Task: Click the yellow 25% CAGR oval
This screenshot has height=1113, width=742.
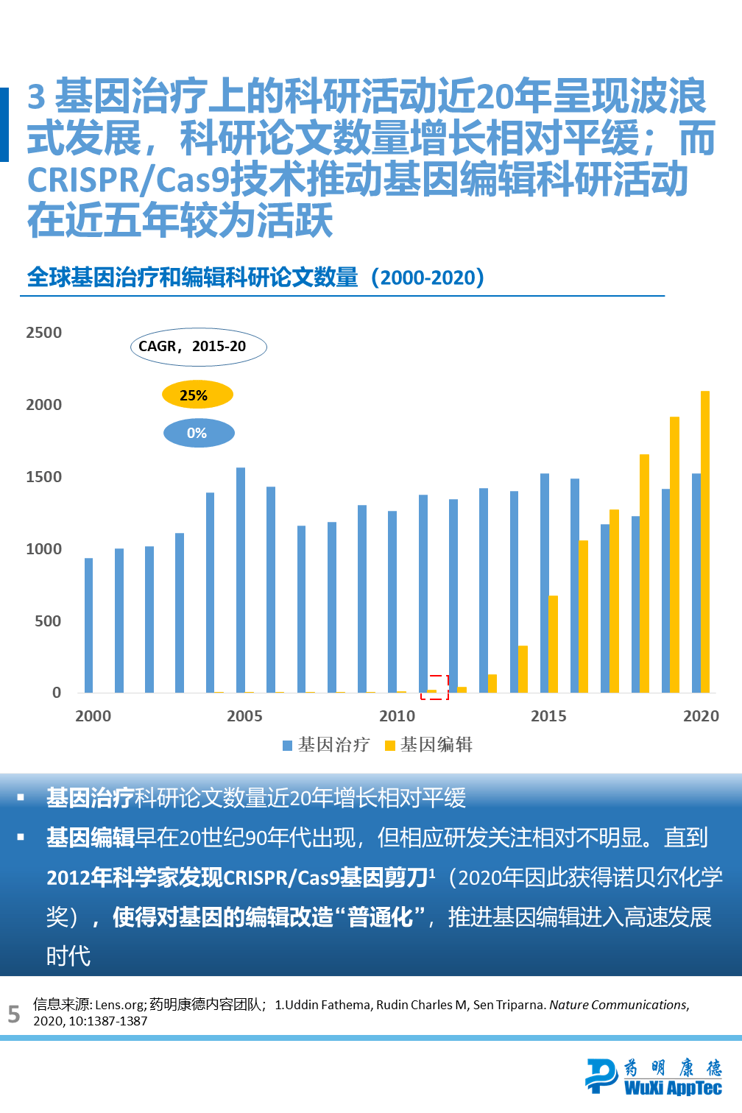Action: click(x=197, y=395)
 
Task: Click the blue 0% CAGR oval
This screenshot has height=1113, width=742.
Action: click(x=199, y=433)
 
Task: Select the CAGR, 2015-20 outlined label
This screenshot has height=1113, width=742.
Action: click(x=198, y=347)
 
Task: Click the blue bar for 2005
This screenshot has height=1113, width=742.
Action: click(x=241, y=579)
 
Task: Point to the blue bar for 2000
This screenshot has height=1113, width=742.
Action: click(x=89, y=625)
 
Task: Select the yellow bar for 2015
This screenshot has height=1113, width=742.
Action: click(x=553, y=644)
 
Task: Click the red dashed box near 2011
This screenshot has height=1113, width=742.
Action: click(x=434, y=687)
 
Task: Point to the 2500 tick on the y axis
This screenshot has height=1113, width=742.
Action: click(x=44, y=333)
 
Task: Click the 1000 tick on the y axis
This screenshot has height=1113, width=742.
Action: click(x=44, y=549)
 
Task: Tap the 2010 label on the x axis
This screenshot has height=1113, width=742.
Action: click(x=397, y=716)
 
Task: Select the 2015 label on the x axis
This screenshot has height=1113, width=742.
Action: click(x=548, y=716)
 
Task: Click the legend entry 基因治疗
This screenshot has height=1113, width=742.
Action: click(x=326, y=745)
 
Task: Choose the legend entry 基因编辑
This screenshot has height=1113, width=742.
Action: click(x=429, y=745)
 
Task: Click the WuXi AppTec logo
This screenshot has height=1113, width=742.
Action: click(x=654, y=1077)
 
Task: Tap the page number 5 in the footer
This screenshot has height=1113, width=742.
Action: click(x=13, y=1014)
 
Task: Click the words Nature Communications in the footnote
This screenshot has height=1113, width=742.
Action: click(x=618, y=1005)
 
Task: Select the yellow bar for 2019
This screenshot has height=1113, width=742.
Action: click(x=674, y=554)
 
